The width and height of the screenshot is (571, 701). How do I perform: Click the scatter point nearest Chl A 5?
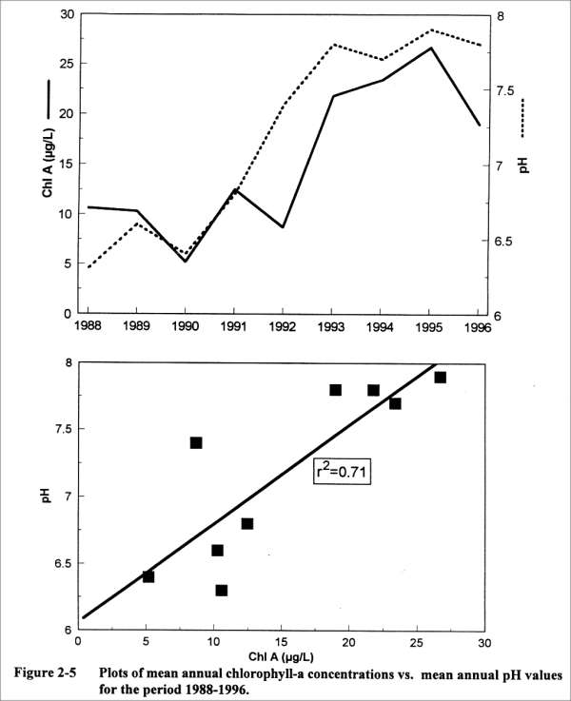coord(148,576)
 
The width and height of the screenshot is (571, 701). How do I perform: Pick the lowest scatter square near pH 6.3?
coord(222,591)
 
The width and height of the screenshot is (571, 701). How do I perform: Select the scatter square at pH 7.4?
coord(196,442)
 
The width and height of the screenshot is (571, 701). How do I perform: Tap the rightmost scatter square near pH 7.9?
coord(440,378)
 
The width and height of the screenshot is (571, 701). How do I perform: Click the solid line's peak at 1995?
coord(430,48)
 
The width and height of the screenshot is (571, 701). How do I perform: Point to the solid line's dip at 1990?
coord(186,261)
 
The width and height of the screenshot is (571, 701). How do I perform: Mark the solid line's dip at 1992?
coord(284,227)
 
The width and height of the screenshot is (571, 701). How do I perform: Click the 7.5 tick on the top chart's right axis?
coord(506,91)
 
